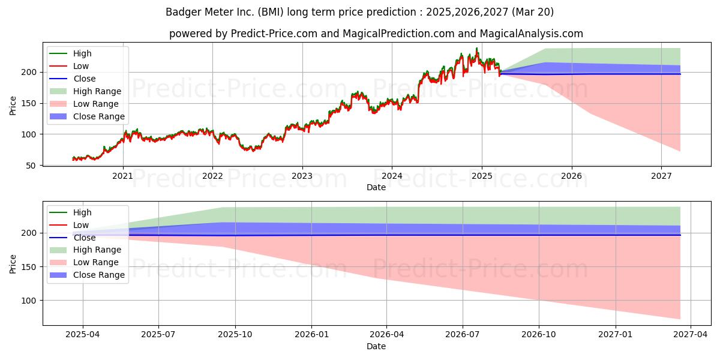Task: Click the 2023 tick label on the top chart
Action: pyautogui.click(x=302, y=176)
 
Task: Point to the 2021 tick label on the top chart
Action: pyautogui.click(x=122, y=176)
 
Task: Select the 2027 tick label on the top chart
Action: pyautogui.click(x=661, y=176)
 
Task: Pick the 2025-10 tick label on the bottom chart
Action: pyautogui.click(x=235, y=335)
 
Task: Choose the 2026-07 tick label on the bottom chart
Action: pyautogui.click(x=463, y=335)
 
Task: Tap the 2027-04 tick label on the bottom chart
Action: pyautogui.click(x=691, y=335)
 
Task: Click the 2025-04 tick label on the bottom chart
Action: pyautogui.click(x=83, y=335)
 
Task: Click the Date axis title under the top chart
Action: pyautogui.click(x=376, y=187)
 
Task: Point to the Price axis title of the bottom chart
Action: pyautogui.click(x=13, y=264)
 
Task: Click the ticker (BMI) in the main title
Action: pyautogui.click(x=271, y=12)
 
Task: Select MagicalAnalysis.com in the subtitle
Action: pyautogui.click(x=532, y=34)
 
